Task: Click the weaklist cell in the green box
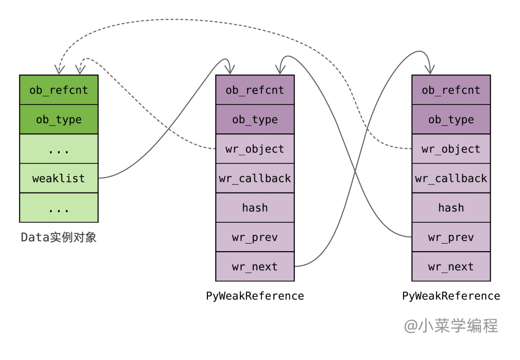(x=59, y=179)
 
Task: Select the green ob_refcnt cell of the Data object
(x=59, y=90)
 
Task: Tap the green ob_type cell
(x=59, y=119)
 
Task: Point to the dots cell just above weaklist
(x=59, y=149)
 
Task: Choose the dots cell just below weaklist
(x=59, y=208)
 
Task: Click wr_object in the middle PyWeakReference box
(x=255, y=149)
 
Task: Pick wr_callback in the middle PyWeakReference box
(x=255, y=179)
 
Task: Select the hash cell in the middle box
(x=255, y=208)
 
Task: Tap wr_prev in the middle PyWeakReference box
(x=255, y=237)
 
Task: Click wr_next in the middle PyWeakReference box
(x=255, y=267)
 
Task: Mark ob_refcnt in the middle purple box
(x=255, y=90)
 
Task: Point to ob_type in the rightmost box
(x=451, y=119)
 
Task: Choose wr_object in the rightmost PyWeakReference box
(x=451, y=149)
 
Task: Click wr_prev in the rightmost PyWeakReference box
(x=451, y=237)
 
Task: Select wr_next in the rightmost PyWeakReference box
(x=451, y=267)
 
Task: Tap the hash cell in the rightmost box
(x=451, y=208)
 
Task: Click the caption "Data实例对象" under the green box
(x=59, y=237)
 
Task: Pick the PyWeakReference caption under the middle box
(x=255, y=296)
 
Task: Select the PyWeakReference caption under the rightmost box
(x=451, y=296)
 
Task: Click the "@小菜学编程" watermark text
(x=451, y=326)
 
